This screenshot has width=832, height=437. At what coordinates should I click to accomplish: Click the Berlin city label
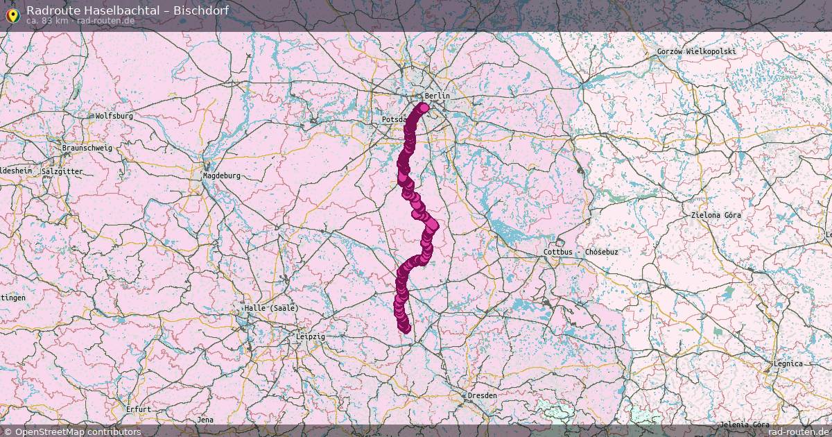(x=437, y=96)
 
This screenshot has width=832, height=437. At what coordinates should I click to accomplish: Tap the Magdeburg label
(x=221, y=175)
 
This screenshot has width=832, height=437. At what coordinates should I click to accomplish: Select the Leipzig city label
(x=310, y=336)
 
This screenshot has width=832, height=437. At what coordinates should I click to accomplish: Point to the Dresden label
(x=482, y=395)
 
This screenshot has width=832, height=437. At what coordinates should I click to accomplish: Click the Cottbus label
(x=559, y=252)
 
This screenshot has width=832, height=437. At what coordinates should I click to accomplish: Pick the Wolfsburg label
(x=114, y=116)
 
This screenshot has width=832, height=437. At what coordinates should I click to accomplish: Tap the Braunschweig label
(x=87, y=148)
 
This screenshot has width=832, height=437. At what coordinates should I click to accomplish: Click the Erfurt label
(x=138, y=409)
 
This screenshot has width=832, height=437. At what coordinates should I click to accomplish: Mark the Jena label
(x=205, y=420)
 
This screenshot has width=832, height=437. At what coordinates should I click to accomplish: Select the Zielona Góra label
(x=716, y=215)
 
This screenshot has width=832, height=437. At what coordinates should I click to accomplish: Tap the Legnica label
(x=788, y=363)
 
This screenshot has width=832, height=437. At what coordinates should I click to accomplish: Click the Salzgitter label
(x=62, y=171)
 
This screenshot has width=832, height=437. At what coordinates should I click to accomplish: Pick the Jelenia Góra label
(x=744, y=424)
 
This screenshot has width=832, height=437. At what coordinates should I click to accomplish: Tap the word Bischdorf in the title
(x=202, y=10)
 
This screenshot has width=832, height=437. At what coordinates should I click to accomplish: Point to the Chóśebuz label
(x=601, y=252)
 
